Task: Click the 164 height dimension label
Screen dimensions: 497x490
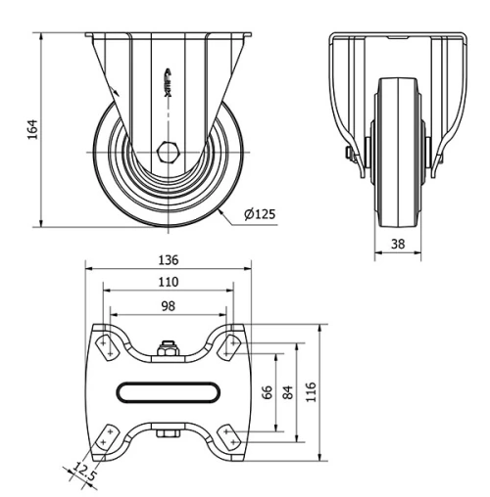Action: coord(30,128)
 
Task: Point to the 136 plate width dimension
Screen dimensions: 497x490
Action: coord(168,260)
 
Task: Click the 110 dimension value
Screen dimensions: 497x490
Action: coord(168,283)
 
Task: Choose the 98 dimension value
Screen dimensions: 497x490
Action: coord(168,306)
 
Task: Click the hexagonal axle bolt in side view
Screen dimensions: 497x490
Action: coord(169,152)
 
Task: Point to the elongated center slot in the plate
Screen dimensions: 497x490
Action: coord(168,392)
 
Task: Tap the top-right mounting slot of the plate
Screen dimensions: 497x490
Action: coord(230,342)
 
